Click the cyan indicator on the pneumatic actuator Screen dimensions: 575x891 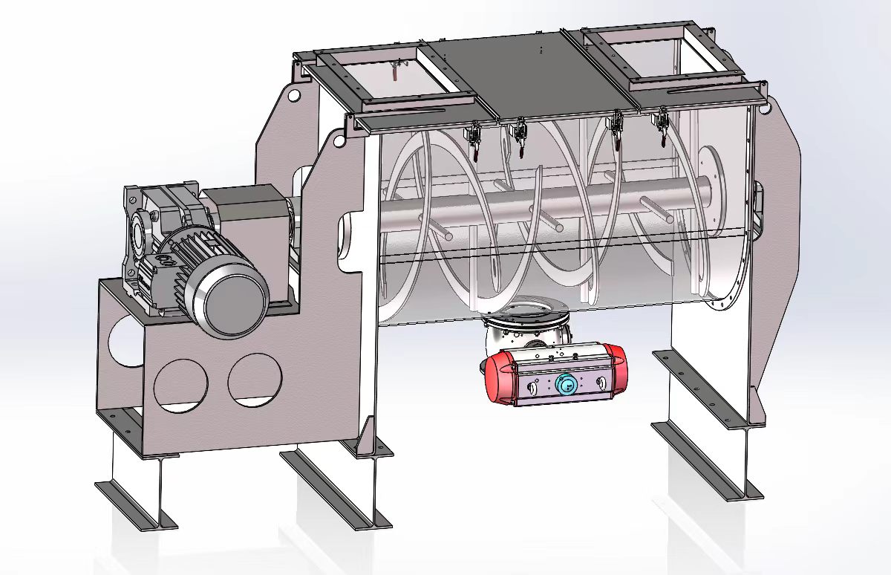[x=566, y=385]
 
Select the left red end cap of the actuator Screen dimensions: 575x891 [x=497, y=376]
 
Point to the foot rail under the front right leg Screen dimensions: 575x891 [x=705, y=461]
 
